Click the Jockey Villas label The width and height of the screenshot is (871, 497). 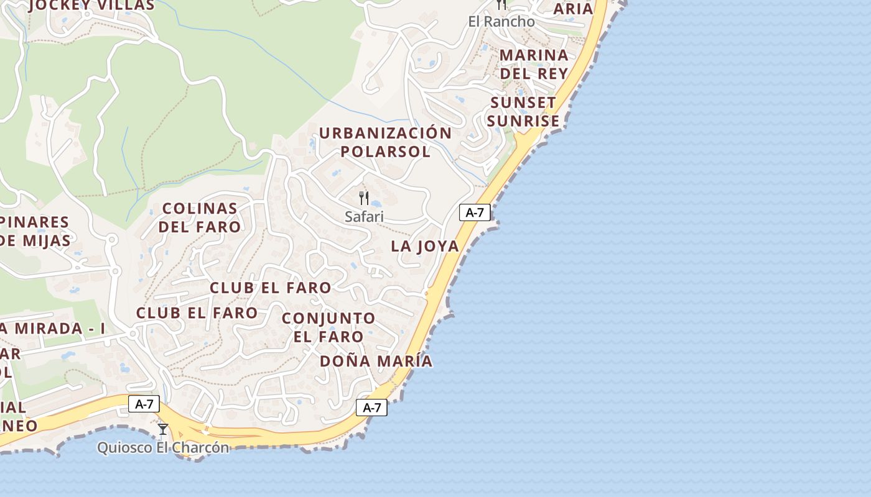pyautogui.click(x=91, y=6)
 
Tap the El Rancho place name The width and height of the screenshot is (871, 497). pyautogui.click(x=501, y=22)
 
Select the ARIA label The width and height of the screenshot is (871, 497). pyautogui.click(x=573, y=9)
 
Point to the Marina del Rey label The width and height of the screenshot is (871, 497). pyautogui.click(x=534, y=64)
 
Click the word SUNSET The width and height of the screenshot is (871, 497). pyautogui.click(x=523, y=103)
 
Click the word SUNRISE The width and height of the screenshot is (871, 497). pyautogui.click(x=523, y=121)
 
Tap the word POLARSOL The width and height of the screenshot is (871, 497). pyautogui.click(x=385, y=152)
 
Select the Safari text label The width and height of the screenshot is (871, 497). pyautogui.click(x=364, y=217)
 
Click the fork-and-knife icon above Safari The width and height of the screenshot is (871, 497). pyautogui.click(x=364, y=198)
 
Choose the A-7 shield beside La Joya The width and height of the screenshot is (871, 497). pyautogui.click(x=475, y=212)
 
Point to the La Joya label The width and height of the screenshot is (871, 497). pyautogui.click(x=425, y=246)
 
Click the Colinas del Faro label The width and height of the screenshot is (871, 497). pyautogui.click(x=200, y=217)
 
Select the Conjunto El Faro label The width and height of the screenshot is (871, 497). pyautogui.click(x=328, y=327)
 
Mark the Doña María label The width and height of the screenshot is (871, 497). pyautogui.click(x=376, y=361)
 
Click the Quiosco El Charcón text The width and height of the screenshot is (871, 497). pyautogui.click(x=163, y=447)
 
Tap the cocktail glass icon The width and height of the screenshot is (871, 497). pyautogui.click(x=163, y=429)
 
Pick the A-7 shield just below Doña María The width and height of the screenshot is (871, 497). pyautogui.click(x=371, y=408)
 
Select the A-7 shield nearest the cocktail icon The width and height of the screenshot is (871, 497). pyautogui.click(x=144, y=404)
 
